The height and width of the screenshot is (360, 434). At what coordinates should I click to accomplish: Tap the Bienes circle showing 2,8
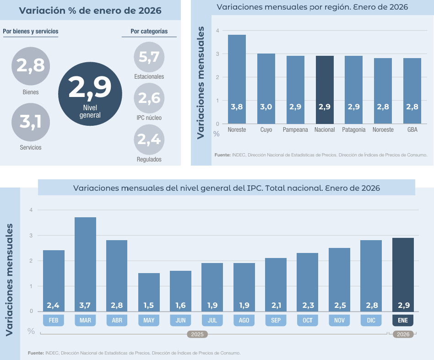[x=31, y=66]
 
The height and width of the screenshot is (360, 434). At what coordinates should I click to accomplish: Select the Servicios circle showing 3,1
[x=31, y=122]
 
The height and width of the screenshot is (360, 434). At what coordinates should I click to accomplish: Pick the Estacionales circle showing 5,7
[x=149, y=57]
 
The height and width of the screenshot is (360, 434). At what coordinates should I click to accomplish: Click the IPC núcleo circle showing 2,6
[x=149, y=98]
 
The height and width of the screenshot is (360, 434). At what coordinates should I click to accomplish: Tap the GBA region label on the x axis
[x=412, y=130]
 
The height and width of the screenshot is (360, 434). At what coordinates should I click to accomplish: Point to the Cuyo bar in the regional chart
[x=266, y=89]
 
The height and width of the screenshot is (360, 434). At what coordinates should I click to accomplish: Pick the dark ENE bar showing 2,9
[x=403, y=274]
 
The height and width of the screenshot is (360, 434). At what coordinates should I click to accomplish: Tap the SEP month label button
[x=276, y=320]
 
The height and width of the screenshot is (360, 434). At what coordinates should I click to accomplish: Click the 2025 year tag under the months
[x=197, y=334]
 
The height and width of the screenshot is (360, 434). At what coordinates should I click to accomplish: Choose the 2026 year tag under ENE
[x=403, y=334]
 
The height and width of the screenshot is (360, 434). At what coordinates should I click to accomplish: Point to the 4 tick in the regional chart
[x=217, y=31]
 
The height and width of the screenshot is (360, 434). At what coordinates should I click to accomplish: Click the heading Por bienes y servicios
[x=31, y=32]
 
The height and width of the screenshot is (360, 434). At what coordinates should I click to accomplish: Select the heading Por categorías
[x=149, y=32]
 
